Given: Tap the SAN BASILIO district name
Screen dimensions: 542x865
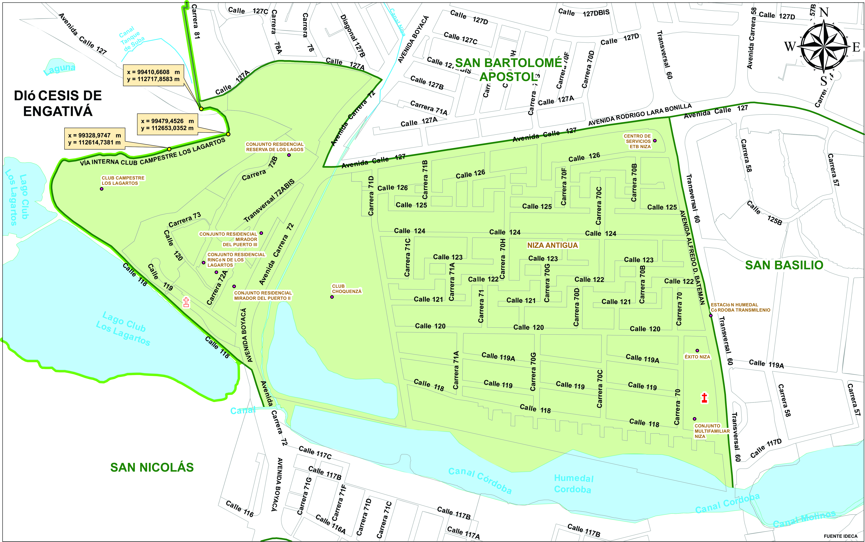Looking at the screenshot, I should [x=784, y=265].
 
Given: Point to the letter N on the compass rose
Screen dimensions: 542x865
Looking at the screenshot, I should [x=824, y=13].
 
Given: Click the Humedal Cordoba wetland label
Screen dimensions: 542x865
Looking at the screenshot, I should [x=573, y=484].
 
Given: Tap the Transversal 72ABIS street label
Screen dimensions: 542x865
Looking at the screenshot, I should [x=269, y=201].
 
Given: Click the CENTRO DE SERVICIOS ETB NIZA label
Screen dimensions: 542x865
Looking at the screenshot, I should [x=637, y=141].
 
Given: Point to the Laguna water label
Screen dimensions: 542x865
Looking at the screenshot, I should [x=60, y=69].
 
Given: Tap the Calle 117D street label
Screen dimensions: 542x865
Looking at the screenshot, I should [x=766, y=449].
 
